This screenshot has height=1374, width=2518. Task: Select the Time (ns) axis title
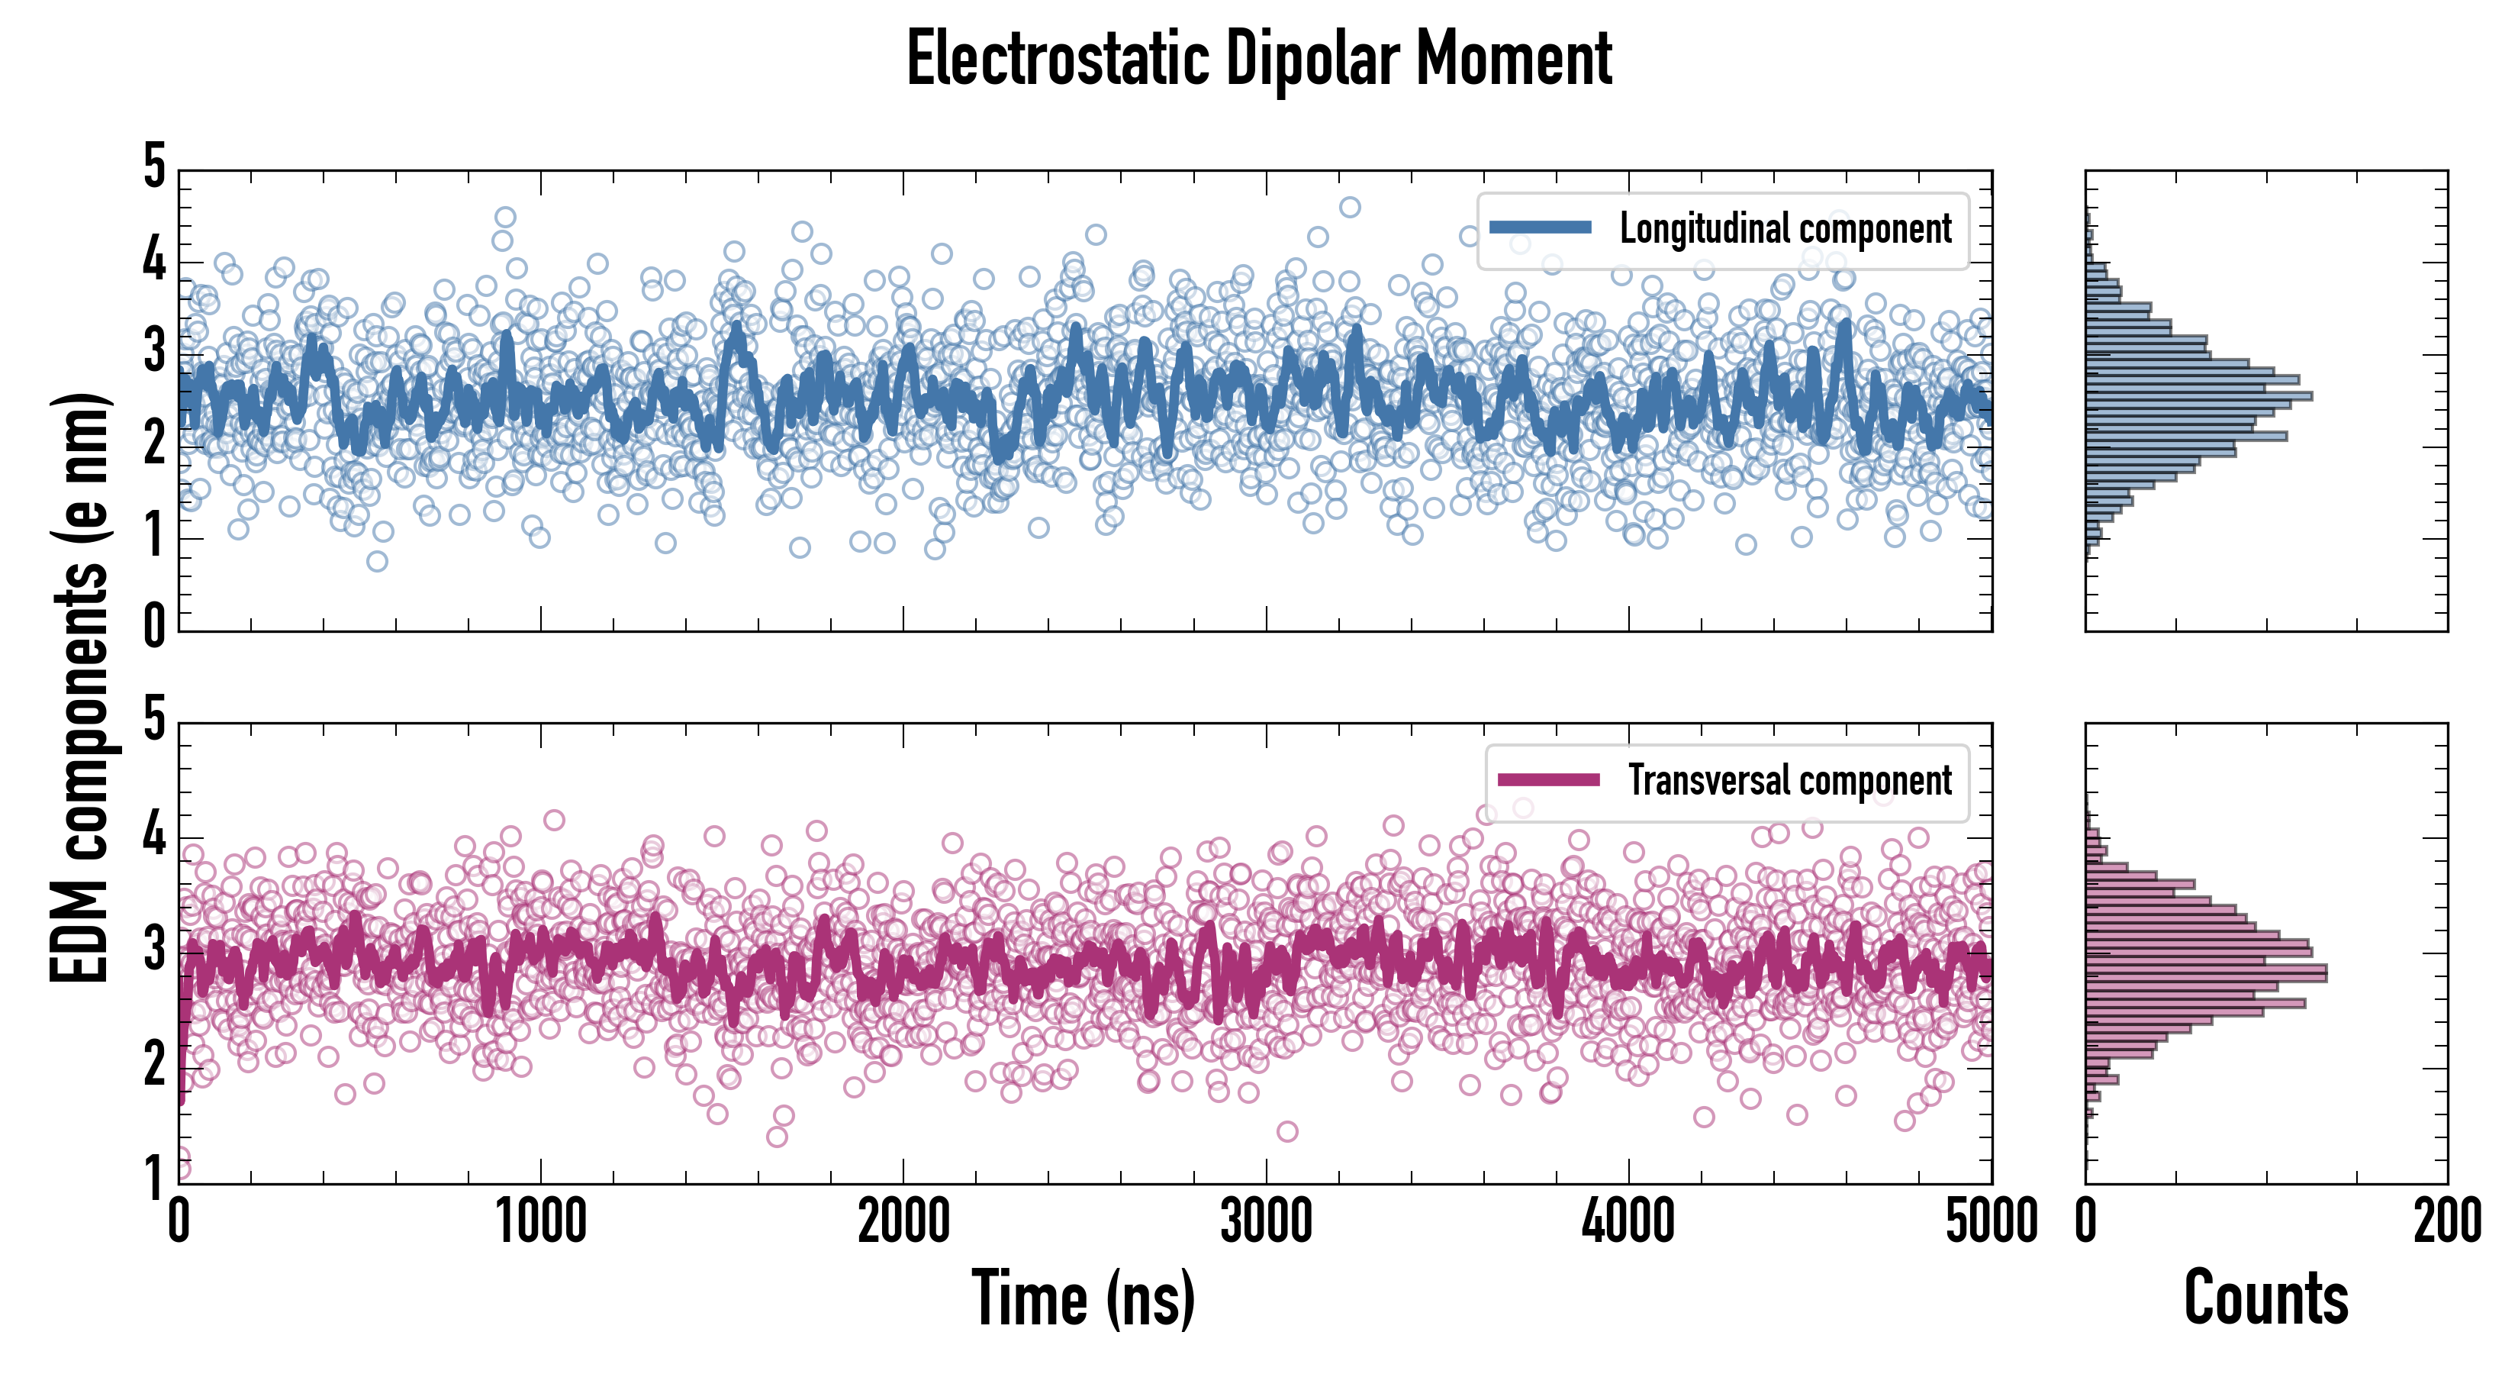click(x=1083, y=1298)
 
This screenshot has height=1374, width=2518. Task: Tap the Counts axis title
click(x=2265, y=1298)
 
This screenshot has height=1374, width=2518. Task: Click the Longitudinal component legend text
click(x=1785, y=229)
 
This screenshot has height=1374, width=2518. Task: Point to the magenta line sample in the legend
click(x=1548, y=779)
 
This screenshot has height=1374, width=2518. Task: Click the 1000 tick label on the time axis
click(x=540, y=1221)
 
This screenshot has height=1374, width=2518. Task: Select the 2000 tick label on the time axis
click(x=903, y=1221)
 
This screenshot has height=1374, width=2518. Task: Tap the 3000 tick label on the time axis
click(x=1266, y=1221)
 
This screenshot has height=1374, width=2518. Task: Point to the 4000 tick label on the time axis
click(x=1628, y=1221)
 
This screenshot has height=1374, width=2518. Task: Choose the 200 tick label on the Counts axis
click(x=2446, y=1221)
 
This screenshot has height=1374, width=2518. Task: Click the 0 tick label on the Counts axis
click(x=2086, y=1221)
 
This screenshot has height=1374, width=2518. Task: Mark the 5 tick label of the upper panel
click(x=154, y=166)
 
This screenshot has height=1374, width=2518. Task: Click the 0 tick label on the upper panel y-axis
click(x=154, y=624)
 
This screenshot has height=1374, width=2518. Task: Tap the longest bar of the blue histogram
click(x=2198, y=396)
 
